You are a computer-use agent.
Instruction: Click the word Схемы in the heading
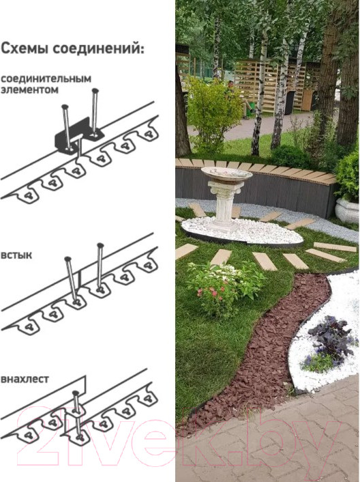pos(25,48)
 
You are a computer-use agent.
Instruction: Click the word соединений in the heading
pos(98,49)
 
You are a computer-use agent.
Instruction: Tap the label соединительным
pos(46,79)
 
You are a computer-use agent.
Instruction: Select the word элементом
pos(29,89)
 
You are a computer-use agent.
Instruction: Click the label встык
pos(16,255)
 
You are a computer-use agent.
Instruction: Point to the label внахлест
pos(25,379)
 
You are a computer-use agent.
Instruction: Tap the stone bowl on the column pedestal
pos(226,173)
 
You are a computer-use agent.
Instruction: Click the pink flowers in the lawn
pos(212,292)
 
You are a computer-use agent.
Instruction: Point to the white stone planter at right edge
pos(347,210)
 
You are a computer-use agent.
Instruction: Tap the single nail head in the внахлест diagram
pos(75,393)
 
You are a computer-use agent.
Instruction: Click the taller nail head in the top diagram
pos(95,91)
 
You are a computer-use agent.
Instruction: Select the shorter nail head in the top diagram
pos(65,107)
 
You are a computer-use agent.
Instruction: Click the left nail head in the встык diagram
pos(67,259)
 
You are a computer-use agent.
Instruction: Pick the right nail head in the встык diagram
pos(100,245)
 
